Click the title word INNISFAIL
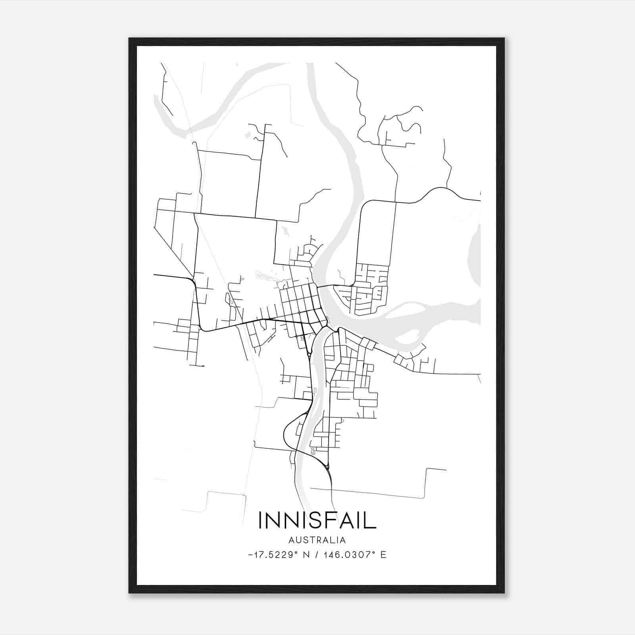point(317,520)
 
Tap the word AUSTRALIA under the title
point(317,540)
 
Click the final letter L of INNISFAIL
point(371,520)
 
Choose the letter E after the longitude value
point(383,555)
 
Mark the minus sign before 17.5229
point(250,555)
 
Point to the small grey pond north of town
point(248,135)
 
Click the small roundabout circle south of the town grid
point(309,353)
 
